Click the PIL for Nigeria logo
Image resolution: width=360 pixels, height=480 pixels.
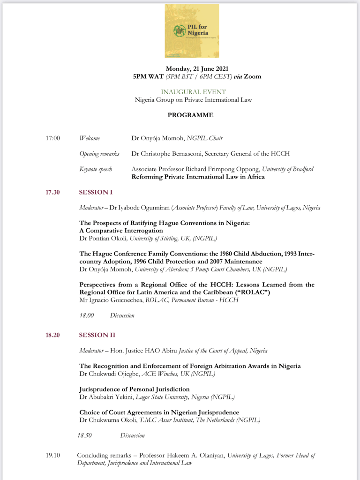pos(192,31)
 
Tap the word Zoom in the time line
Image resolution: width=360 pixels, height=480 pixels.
pos(252,76)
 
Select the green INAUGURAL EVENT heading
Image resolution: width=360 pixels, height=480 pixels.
pos(193,92)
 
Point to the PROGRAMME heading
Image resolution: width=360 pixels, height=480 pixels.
pos(190,115)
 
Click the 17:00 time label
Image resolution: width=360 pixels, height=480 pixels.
pos(53,138)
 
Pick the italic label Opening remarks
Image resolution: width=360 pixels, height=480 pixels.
pos(99,154)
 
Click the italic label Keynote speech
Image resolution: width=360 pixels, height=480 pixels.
pos(96,169)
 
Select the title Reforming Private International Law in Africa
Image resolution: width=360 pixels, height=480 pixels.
pos(198,177)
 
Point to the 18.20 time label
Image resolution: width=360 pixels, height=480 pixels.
pos(52,335)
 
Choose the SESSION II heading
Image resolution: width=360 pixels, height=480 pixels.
pos(97,335)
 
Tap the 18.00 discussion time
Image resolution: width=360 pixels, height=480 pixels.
pos(87,315)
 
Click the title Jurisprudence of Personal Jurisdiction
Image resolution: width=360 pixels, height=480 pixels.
pos(135,389)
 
